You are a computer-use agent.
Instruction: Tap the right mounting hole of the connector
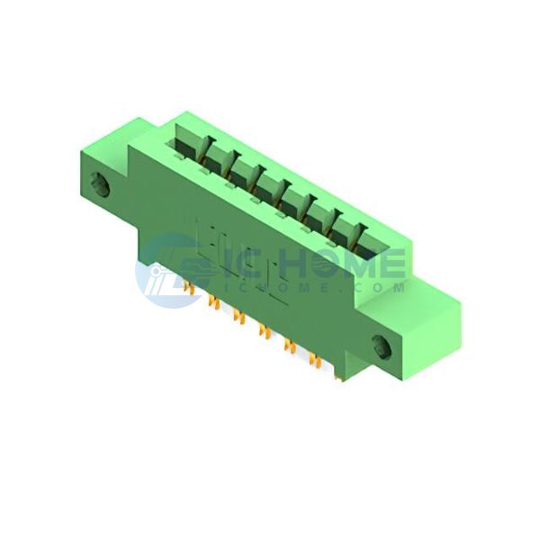(382, 346)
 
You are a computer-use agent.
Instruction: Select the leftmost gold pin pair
(188, 288)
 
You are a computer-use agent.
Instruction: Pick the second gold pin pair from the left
(214, 302)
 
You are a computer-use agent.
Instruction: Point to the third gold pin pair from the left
(239, 316)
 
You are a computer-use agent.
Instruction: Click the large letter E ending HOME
(391, 263)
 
